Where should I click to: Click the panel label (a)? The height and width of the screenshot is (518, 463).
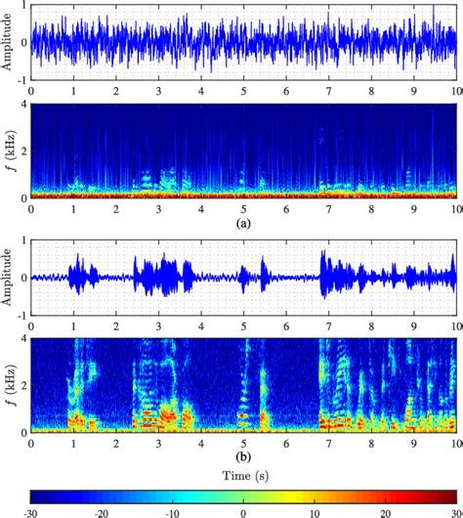[x=244, y=222]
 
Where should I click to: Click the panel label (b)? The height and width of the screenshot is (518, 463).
[x=244, y=455]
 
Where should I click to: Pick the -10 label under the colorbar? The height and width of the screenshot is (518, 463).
[x=172, y=510]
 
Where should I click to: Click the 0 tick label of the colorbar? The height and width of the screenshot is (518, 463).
[x=244, y=510]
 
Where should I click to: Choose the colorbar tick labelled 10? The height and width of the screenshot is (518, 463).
[x=315, y=510]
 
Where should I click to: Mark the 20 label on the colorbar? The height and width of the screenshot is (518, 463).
[x=385, y=510]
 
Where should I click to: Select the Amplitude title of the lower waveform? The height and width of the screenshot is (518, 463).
[x=8, y=278]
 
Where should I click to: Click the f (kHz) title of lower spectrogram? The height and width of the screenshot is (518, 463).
[x=8, y=384]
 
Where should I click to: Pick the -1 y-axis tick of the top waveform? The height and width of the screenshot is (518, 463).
[x=21, y=80]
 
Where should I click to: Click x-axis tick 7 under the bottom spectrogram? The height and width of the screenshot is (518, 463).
[x=329, y=442]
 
